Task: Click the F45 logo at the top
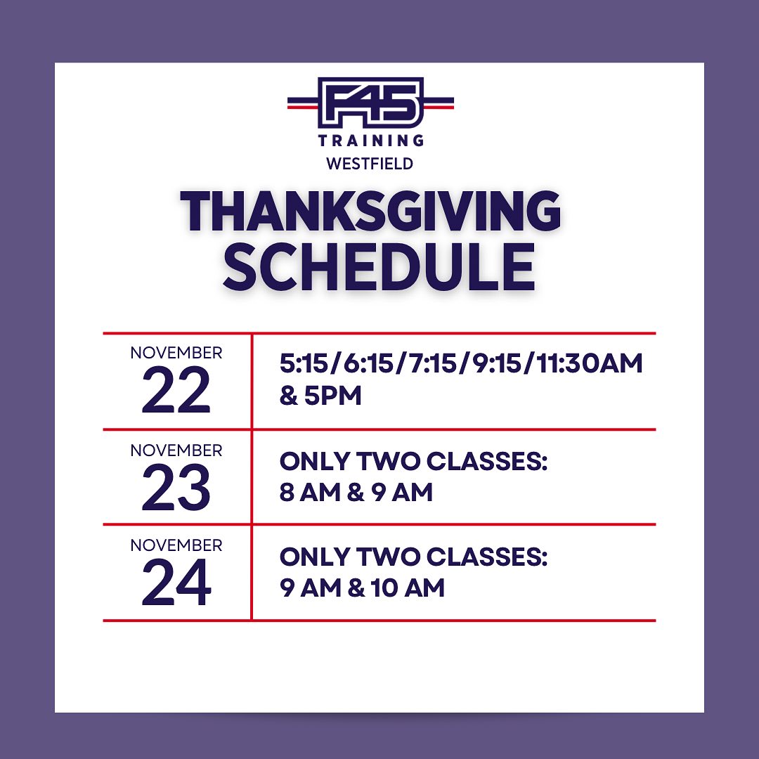[370, 103]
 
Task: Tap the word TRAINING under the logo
[371, 141]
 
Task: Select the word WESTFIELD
[370, 164]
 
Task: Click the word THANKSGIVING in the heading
[370, 211]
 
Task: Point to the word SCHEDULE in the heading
[379, 267]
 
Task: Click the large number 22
[176, 389]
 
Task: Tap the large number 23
[176, 488]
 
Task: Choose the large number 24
[176, 583]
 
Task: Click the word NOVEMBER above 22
[176, 353]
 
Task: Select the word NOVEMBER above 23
[176, 450]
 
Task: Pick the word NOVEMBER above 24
[176, 545]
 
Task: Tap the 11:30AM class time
[590, 363]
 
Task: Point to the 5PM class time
[333, 396]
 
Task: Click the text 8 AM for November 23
[311, 493]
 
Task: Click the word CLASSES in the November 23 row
[486, 461]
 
